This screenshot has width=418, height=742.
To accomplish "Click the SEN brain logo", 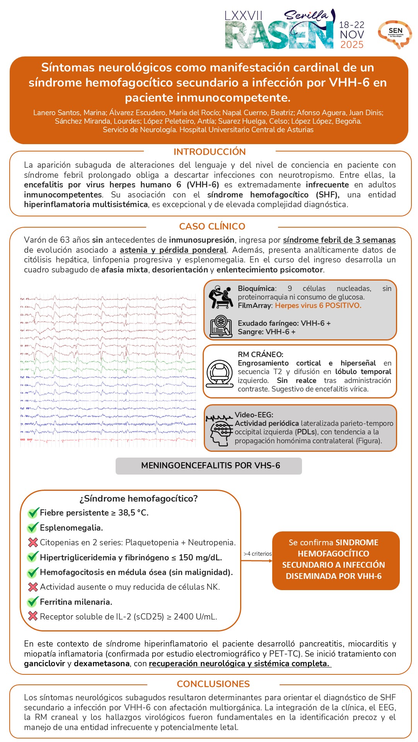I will point(395,34).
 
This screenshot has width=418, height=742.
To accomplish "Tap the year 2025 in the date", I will point(352,45).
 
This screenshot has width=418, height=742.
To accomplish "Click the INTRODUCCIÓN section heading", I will point(210,152).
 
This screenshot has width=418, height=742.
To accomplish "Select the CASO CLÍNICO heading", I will point(212,226).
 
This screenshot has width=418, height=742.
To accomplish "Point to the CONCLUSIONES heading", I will point(213,684).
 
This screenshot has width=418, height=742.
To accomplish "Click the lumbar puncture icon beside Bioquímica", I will point(220,297).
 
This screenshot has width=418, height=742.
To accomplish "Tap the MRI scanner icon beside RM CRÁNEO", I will point(220,373).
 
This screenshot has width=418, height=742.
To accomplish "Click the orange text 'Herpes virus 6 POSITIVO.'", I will point(318,306).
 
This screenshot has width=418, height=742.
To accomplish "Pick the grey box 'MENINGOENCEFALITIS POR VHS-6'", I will point(209,466).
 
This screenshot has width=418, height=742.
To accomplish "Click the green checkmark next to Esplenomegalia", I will point(33,528).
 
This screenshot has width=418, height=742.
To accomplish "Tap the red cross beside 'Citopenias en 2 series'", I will point(33,543).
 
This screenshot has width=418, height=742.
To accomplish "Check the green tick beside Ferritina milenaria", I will point(33,602).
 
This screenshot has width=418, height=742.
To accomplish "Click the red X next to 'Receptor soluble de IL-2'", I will point(33,617).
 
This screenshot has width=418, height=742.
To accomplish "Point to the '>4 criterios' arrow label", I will point(258,554).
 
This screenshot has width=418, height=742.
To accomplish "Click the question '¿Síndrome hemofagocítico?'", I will point(138,499).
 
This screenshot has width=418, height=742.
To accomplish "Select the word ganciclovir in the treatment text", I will point(44,664).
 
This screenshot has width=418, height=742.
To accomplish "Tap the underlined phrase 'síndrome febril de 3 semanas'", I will point(339,240).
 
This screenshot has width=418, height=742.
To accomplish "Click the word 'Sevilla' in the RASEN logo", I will point(306,15).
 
